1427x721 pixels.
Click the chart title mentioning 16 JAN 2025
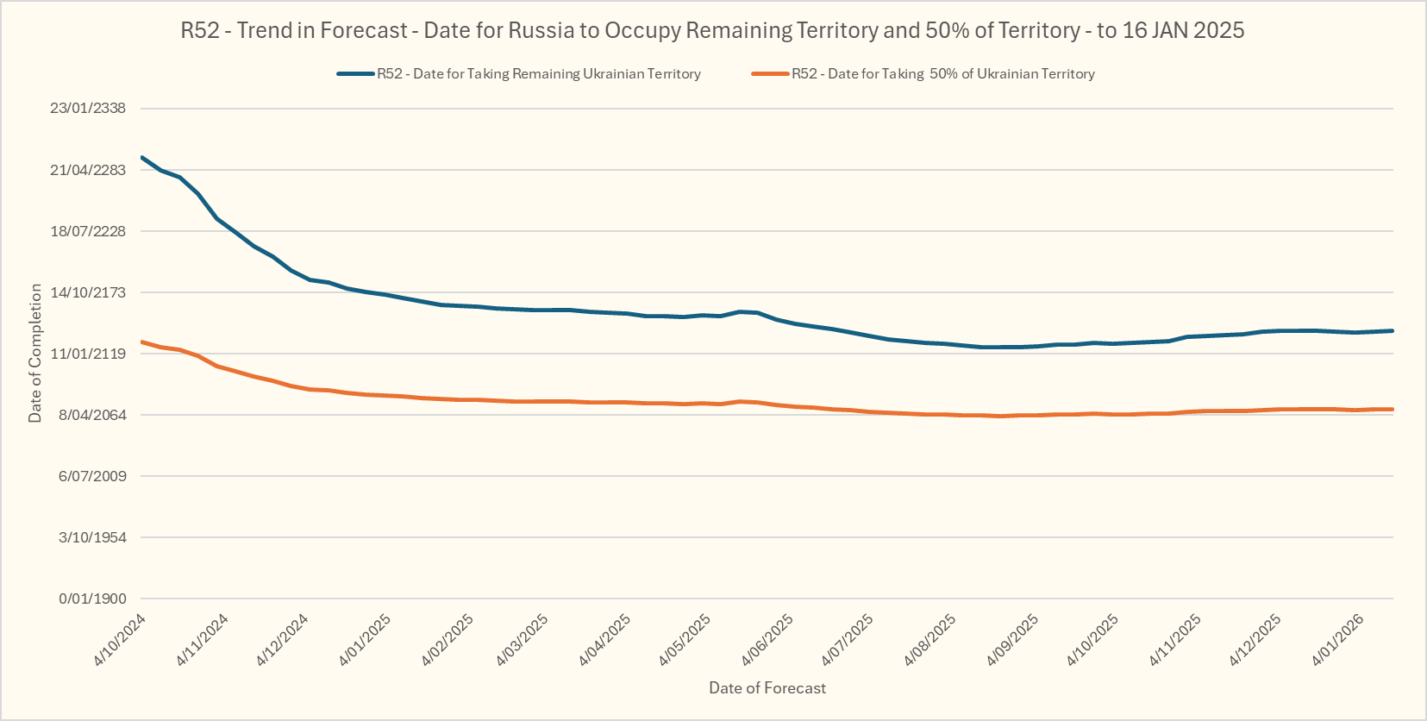tap(712, 31)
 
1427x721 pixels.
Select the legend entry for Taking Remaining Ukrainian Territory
tap(538, 74)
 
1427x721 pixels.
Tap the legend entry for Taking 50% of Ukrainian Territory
tap(942, 74)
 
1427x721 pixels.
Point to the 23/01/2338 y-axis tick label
tap(88, 109)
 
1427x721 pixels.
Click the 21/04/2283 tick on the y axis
tap(88, 170)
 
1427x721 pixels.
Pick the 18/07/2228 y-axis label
tap(88, 231)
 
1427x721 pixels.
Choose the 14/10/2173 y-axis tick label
tap(88, 292)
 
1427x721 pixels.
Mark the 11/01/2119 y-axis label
tap(88, 354)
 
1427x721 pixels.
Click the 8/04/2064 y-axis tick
tap(91, 415)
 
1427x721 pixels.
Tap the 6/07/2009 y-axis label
tap(91, 476)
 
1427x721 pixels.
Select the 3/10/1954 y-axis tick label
tap(91, 537)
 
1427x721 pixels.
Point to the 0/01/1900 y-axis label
tap(91, 599)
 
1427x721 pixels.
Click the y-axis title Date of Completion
tap(35, 354)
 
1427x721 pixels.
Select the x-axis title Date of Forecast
tap(767, 688)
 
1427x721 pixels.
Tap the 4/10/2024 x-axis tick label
tap(121, 639)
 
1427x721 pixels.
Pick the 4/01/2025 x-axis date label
tap(366, 639)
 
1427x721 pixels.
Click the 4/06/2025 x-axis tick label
tap(767, 639)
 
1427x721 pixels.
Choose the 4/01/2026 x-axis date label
tap(1338, 639)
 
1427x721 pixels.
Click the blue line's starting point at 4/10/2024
tap(142, 158)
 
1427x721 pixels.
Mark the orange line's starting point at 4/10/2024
tap(142, 342)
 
